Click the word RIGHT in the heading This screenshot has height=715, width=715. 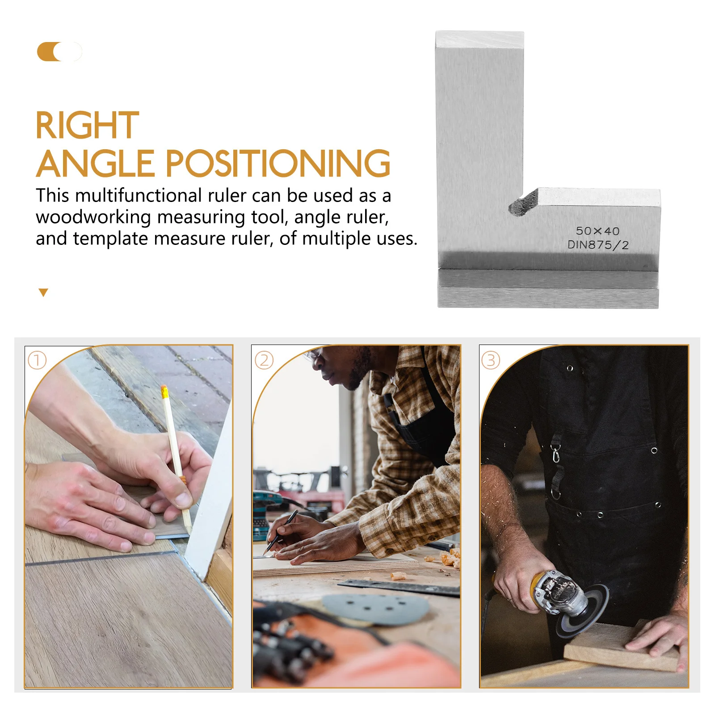87,126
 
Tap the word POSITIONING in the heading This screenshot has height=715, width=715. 278,164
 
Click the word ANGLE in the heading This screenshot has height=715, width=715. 95,164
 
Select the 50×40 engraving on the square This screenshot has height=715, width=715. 597,231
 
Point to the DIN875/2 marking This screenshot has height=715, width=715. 598,245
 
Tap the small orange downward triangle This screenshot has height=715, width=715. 43,293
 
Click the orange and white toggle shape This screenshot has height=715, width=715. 59,52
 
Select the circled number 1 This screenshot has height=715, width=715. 37,360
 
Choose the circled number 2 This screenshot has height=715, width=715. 264,360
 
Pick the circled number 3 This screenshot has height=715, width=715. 491,360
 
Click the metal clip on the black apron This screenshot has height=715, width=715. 555,454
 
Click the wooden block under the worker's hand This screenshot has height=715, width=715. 621,648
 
